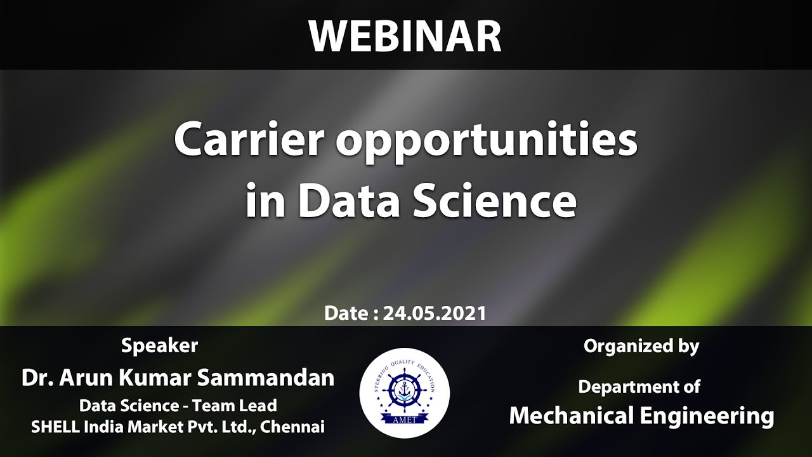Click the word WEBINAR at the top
click(405, 37)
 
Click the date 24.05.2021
click(435, 313)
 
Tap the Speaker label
click(159, 346)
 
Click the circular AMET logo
click(405, 393)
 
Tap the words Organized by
click(641, 347)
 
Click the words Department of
click(639, 386)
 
